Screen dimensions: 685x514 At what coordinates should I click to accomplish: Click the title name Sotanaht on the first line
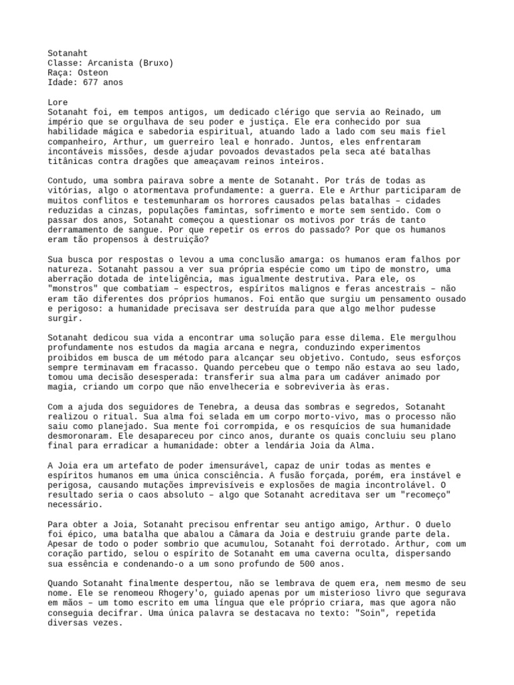[x=68, y=53]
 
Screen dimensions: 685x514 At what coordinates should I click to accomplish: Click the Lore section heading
[x=58, y=103]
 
